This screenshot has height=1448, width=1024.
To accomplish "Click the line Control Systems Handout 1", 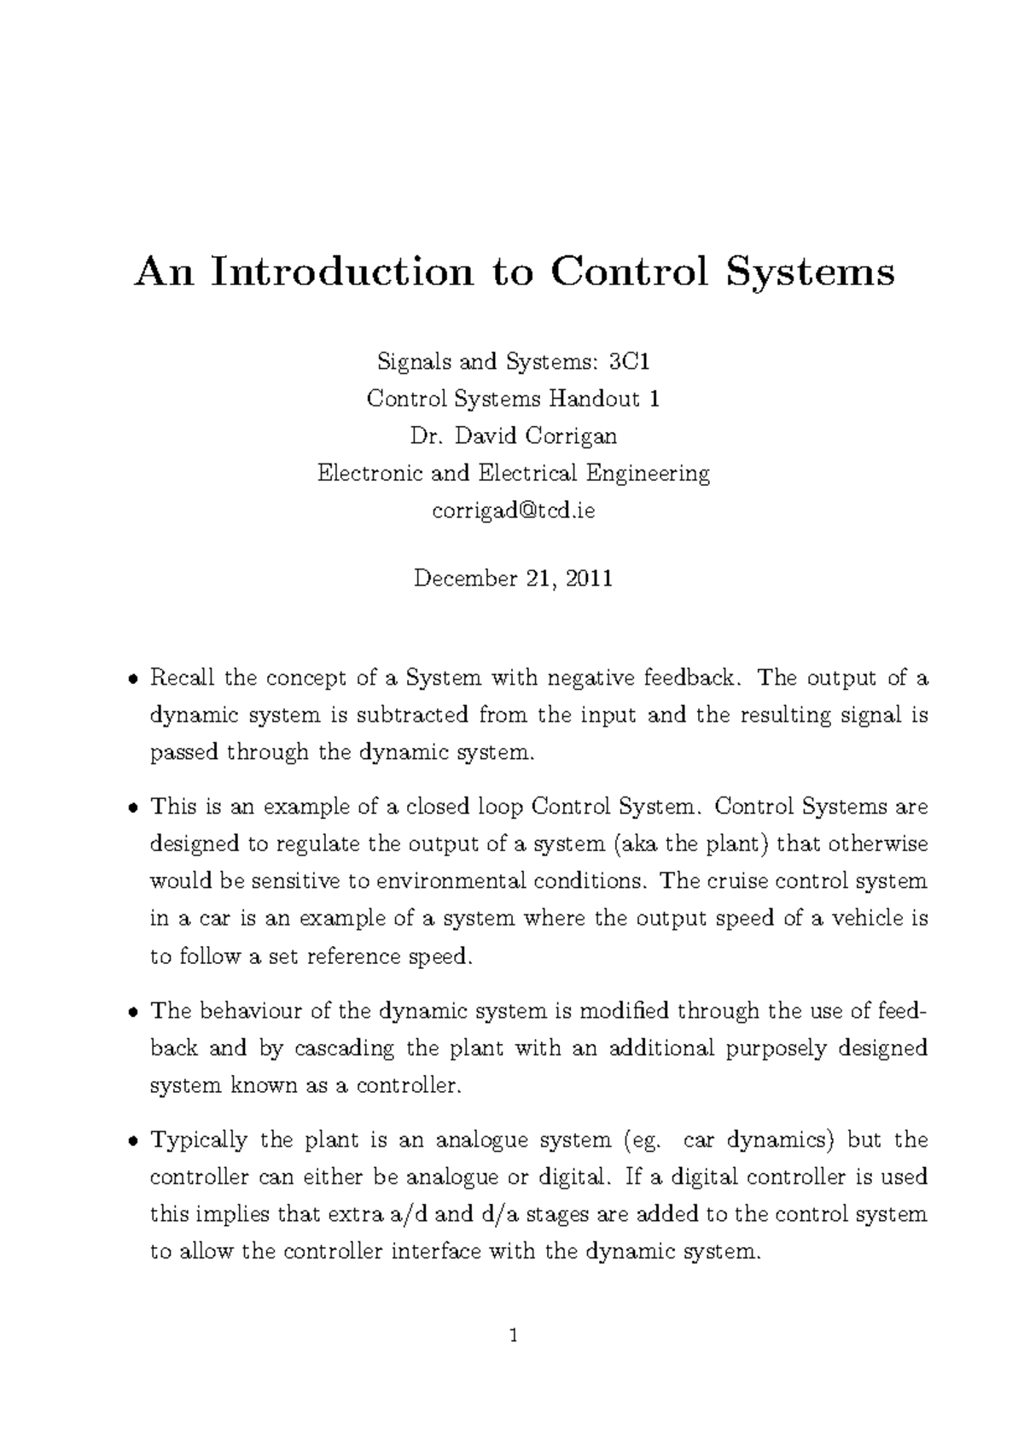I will (x=513, y=399).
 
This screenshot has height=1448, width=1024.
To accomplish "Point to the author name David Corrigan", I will (x=535, y=436).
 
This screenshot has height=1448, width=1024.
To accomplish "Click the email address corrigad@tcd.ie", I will (x=513, y=511).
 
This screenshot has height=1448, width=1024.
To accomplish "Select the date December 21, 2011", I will (x=513, y=579).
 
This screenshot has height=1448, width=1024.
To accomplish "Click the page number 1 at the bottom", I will (x=513, y=1336).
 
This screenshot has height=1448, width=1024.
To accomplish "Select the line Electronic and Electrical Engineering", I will (x=513, y=473).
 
